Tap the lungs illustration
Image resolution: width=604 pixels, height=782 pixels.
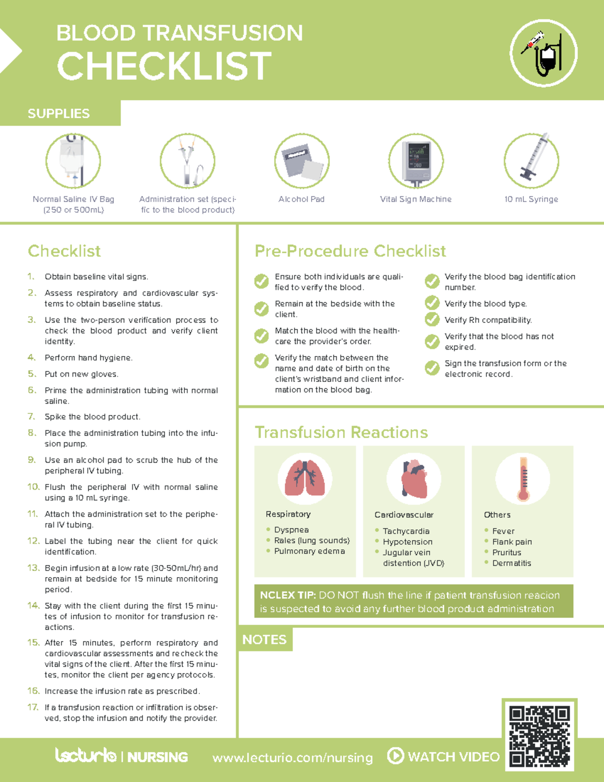pyautogui.click(x=305, y=479)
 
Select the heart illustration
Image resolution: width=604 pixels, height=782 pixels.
pyautogui.click(x=414, y=479)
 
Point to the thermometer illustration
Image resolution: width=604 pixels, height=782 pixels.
pyautogui.click(x=523, y=479)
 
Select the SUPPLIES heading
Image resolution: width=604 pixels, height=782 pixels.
pyautogui.click(x=58, y=114)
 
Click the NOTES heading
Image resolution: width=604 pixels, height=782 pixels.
pyautogui.click(x=264, y=639)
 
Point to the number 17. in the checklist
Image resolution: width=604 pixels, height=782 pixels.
pyautogui.click(x=33, y=707)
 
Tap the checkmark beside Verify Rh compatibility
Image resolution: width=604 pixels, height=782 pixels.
pyautogui.click(x=432, y=319)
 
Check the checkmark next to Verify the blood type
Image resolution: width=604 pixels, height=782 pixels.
pyautogui.click(x=432, y=303)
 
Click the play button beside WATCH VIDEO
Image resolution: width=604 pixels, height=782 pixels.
pyautogui.click(x=395, y=755)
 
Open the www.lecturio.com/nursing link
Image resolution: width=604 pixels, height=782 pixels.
pyautogui.click(x=292, y=757)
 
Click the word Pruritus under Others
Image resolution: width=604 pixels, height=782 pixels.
pyautogui.click(x=506, y=552)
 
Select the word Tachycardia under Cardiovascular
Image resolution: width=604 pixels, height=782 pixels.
pyautogui.click(x=406, y=531)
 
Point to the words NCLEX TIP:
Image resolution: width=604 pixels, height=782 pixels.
pyautogui.click(x=288, y=595)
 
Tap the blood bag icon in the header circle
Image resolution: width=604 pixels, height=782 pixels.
pyautogui.click(x=548, y=57)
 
